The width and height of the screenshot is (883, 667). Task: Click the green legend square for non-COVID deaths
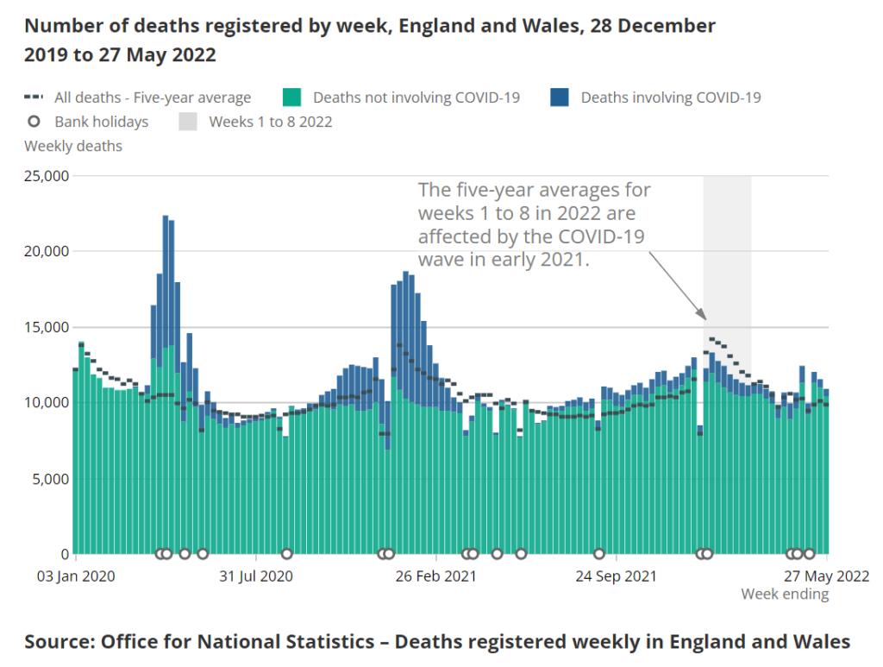click(x=292, y=98)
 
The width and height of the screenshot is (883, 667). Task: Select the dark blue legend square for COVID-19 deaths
click(x=560, y=98)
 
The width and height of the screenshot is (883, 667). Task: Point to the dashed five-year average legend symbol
click(x=35, y=98)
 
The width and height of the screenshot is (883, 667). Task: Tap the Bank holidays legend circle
click(x=35, y=122)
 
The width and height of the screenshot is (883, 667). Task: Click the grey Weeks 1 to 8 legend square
click(x=188, y=122)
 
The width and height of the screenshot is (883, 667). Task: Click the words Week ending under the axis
click(x=785, y=595)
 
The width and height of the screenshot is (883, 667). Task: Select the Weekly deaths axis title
click(x=73, y=146)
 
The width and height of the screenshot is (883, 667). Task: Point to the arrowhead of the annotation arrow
click(x=704, y=316)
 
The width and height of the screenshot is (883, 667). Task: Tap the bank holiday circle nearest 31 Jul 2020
click(x=287, y=554)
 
